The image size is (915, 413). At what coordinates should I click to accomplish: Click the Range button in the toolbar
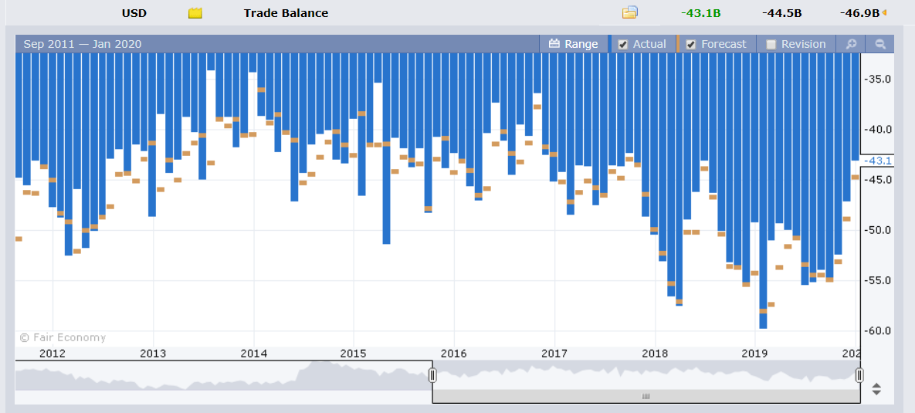pos(574,44)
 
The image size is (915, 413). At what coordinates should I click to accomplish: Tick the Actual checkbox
pos(622,44)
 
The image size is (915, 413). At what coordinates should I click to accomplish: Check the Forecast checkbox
pos(691,44)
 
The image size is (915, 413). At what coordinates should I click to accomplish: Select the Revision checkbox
pos(771,44)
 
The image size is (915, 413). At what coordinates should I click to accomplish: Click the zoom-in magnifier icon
pos(851,44)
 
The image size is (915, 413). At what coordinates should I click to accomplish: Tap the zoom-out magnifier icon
pos(880,44)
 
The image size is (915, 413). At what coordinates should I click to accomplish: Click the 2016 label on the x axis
pos(453,353)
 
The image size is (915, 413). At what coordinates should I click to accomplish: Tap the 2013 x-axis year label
pos(153,353)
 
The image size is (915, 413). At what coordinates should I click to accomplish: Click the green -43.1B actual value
pos(700,13)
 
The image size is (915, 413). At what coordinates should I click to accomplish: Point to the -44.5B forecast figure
pos(782,13)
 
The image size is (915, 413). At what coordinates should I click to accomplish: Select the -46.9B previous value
pos(859,13)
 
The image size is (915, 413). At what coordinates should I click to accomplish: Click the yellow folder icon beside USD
pos(195,13)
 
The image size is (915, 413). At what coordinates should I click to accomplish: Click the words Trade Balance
pos(286,13)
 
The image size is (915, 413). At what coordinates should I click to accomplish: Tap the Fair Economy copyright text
pos(63,337)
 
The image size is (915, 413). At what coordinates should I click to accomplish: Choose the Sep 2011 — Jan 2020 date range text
pos(83,44)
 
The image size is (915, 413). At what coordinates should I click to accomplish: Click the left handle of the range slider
pos(432,375)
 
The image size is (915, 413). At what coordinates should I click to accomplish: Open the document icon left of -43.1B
pos(629,12)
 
